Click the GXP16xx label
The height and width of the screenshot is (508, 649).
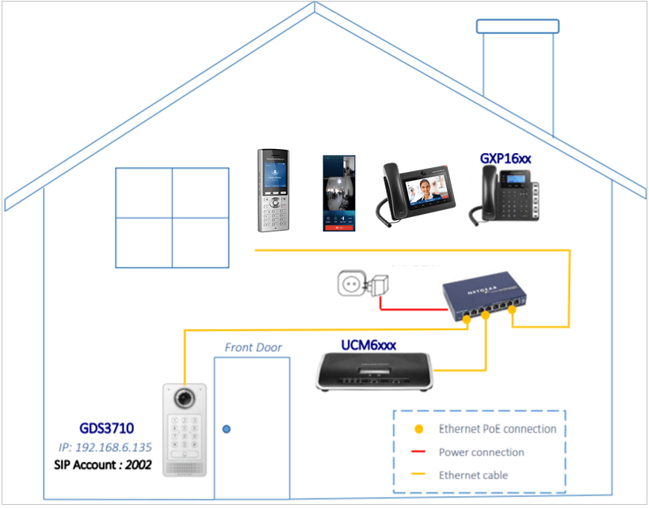506,159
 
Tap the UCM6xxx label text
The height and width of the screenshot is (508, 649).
368,345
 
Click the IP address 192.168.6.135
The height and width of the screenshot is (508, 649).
105,446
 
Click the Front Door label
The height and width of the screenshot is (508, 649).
253,347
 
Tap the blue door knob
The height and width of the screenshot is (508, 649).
227,430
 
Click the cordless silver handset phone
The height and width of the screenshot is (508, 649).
272,191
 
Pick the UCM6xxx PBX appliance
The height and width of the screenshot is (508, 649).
376,371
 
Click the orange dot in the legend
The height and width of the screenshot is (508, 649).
419,430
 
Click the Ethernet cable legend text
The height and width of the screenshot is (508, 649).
473,475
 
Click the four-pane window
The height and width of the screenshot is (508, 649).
172,217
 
